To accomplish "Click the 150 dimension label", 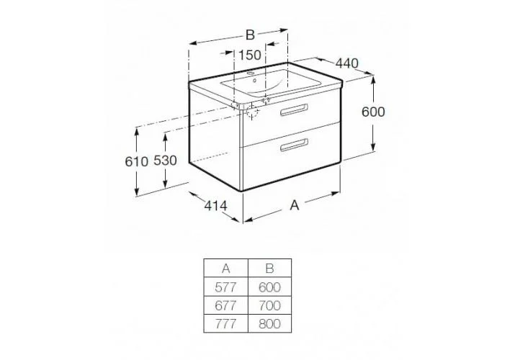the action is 250,55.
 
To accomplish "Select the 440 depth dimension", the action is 347,63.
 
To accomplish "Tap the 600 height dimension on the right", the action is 373,112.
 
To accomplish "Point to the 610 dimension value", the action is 137,161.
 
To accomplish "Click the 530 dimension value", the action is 165,161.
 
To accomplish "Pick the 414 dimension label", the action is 216,206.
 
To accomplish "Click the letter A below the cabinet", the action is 295,205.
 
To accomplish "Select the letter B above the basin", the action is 250,35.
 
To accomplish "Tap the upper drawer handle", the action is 295,110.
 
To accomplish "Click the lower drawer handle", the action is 295,145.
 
